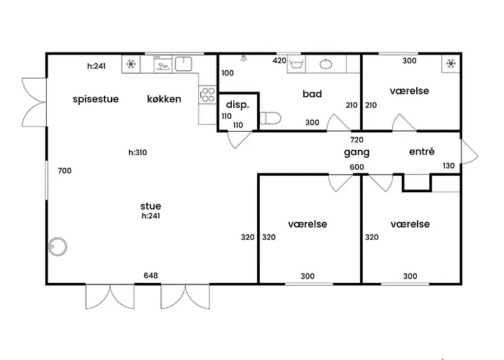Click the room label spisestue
96,99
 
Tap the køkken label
164,99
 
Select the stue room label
150,206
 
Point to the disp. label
238,105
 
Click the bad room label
312,94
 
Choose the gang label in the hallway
356,153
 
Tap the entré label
422,151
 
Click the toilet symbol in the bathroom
270,118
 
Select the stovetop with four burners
207,94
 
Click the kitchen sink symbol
183,63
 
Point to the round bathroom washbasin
326,64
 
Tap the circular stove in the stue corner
58,247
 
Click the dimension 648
150,276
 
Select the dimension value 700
65,171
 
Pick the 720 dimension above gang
357,140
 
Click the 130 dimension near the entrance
449,166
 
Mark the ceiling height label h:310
138,153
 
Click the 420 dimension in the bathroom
279,60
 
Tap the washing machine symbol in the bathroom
297,64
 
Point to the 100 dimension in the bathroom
228,73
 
